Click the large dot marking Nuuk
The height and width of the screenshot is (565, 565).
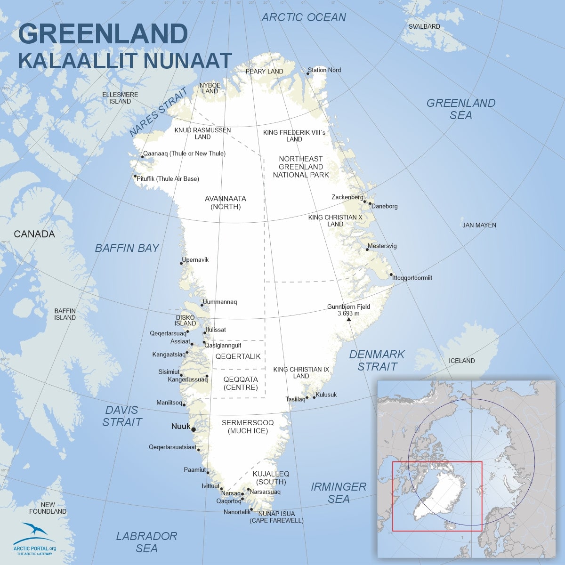point(194,429)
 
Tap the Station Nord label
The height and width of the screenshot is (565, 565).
point(324,70)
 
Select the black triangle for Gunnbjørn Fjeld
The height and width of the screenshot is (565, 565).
point(348,320)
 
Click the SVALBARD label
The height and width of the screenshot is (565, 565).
point(424,26)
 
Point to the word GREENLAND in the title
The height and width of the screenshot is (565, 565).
point(103,34)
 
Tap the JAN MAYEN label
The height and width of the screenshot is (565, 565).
point(479,225)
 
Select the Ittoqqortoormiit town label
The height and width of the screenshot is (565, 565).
point(412,278)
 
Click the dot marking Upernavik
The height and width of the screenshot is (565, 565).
point(182,263)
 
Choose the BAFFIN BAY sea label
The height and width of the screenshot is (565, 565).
point(127,248)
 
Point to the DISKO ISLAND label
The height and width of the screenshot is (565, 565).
point(185,321)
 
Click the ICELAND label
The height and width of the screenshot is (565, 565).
point(461,361)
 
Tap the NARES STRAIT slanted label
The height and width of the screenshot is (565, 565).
point(158,112)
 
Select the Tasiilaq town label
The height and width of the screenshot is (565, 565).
point(295,399)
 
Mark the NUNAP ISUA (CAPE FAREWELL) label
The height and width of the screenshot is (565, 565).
point(276,517)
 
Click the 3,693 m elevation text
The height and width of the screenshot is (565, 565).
point(348,313)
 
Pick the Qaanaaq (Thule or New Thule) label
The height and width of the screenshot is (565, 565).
point(184,153)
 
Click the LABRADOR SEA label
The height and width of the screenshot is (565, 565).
point(146,542)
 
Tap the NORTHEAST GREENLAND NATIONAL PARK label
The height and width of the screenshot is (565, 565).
point(301,167)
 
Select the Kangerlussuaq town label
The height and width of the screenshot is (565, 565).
point(187,379)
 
